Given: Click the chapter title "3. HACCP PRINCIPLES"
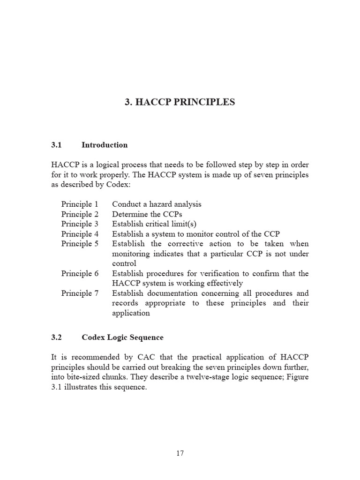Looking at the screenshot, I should pyautogui.click(x=180, y=102).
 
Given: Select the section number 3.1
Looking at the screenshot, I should pyautogui.click(x=56, y=145).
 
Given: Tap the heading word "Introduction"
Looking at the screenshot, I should pyautogui.click(x=105, y=145).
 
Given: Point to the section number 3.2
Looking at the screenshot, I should pyautogui.click(x=56, y=337).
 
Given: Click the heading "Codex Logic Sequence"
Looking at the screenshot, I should pyautogui.click(x=122, y=337).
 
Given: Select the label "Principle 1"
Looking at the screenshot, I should pyautogui.click(x=80, y=204).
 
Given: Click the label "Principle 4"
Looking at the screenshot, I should pyautogui.click(x=80, y=233).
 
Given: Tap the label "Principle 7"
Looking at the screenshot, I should pyautogui.click(x=80, y=293).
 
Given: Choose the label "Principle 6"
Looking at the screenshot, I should pyautogui.click(x=80, y=273).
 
